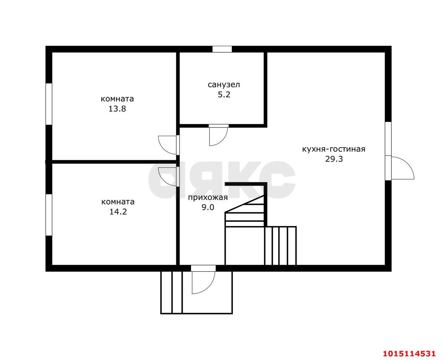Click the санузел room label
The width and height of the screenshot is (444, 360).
click(224, 85)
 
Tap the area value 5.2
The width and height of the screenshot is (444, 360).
click(224, 95)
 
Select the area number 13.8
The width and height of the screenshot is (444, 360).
click(117, 109)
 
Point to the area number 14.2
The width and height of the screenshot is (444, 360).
click(118, 212)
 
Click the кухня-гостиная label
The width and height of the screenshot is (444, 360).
click(334, 149)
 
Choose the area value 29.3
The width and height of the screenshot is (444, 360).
click(334, 159)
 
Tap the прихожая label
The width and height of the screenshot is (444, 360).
click(208, 197)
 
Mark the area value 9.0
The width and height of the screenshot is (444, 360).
click(208, 208)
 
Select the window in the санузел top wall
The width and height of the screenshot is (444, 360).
click(222, 49)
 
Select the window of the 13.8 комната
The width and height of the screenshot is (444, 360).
click(49, 104)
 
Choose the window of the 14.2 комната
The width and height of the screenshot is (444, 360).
click(49, 215)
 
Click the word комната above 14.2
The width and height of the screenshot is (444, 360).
click(118, 202)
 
